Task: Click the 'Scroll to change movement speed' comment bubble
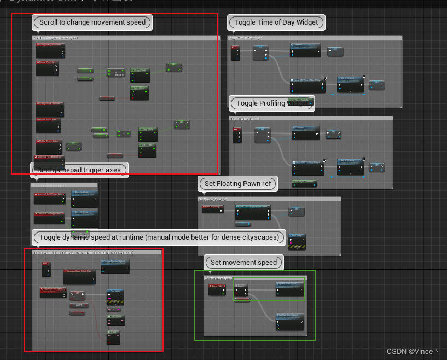pyautogui.click(x=92, y=22)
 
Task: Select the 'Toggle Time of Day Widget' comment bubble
pyautogui.click(x=276, y=22)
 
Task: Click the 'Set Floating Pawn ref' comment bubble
pyautogui.click(x=238, y=184)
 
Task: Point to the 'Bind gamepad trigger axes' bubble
pyautogui.click(x=79, y=170)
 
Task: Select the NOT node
pyautogui.click(x=79, y=305)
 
